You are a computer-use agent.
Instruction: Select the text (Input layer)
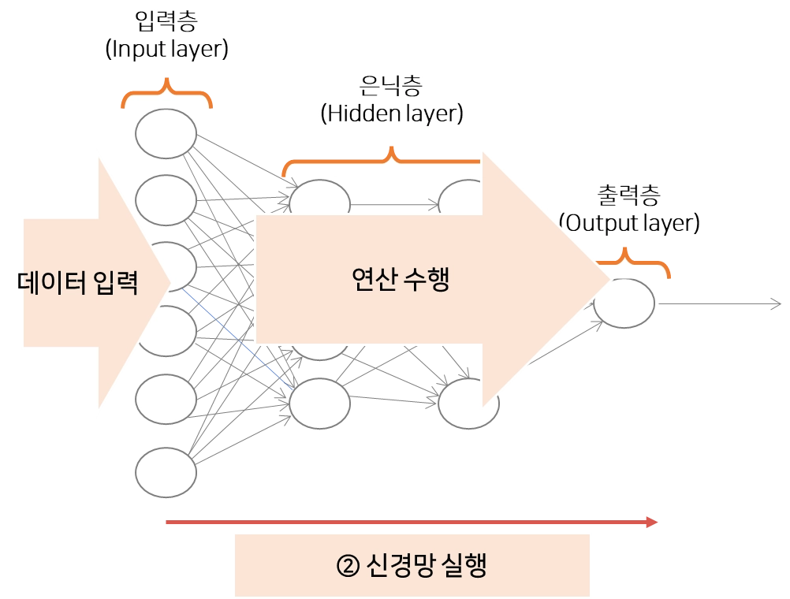coord(166,49)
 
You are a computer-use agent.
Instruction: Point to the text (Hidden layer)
coord(390,113)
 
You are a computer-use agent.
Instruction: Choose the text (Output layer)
coord(629,223)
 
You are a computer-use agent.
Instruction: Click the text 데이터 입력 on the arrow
coord(79,282)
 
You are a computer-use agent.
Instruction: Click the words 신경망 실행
coord(426,566)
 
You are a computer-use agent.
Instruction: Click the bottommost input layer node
coord(166,471)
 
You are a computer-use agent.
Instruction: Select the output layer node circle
coord(624,303)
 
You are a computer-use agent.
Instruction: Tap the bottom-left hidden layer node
coord(319,404)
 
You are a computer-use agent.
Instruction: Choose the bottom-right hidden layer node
coord(465,404)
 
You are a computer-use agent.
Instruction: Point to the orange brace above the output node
coord(631,260)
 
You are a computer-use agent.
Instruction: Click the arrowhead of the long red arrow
coord(653,521)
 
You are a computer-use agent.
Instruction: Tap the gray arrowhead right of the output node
coord(776,303)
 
